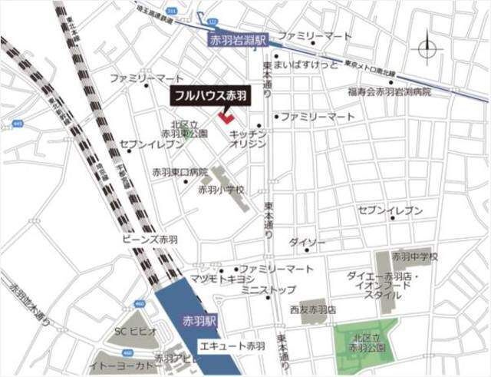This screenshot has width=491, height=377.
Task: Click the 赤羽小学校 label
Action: coord(221,189)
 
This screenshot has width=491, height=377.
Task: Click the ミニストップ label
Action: coord(268,291)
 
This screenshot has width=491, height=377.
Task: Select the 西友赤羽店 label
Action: coord(313,309)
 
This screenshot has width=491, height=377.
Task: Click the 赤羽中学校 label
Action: coord(414,256)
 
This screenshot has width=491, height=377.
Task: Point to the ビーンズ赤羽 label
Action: coord(150,239)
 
